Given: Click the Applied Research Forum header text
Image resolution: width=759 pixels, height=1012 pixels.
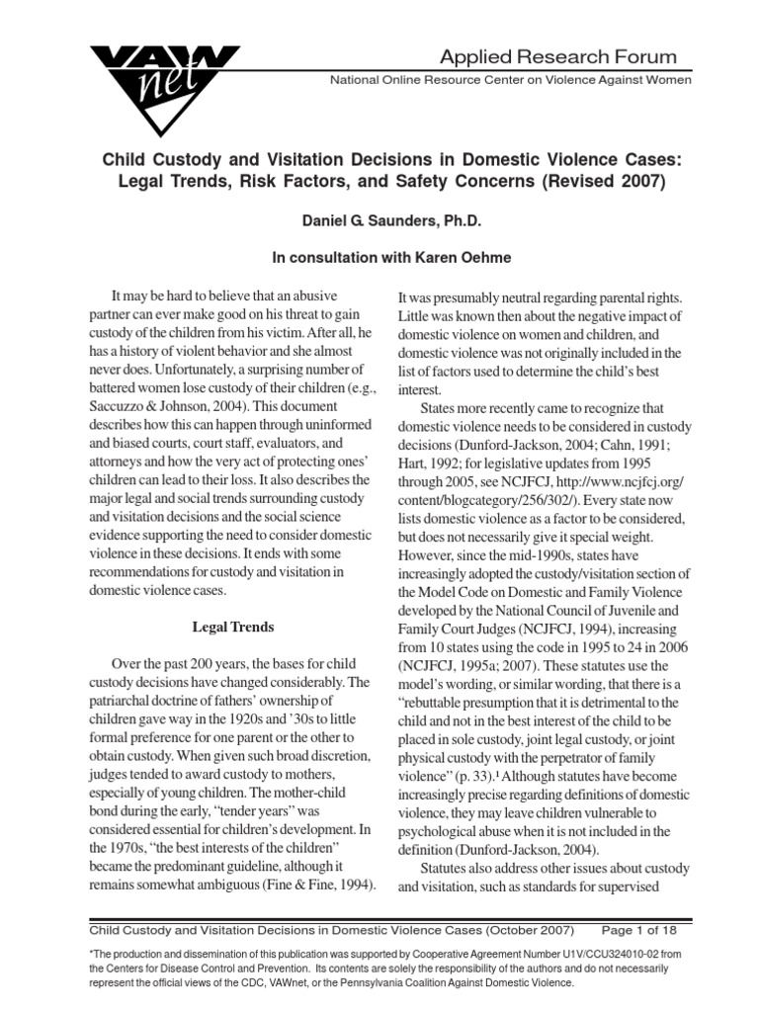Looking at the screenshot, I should click(558, 56).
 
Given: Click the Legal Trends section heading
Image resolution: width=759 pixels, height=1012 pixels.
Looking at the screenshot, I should click(232, 626).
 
